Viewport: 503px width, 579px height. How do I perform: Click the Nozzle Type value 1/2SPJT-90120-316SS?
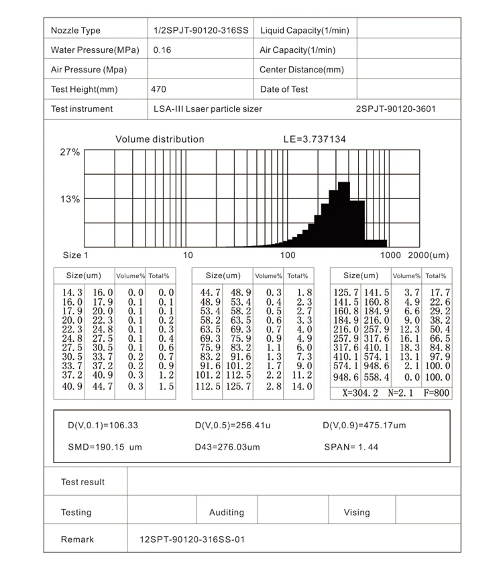(x=201, y=30)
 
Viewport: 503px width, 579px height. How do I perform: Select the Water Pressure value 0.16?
(x=162, y=50)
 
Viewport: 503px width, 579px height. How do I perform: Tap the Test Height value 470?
(x=159, y=89)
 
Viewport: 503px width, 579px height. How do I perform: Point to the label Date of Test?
(x=284, y=89)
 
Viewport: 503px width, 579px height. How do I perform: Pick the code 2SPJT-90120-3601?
(x=399, y=109)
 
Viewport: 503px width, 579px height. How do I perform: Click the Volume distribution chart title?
(x=160, y=139)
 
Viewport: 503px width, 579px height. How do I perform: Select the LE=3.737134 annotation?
(x=315, y=139)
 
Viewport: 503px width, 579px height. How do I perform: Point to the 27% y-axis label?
(x=70, y=152)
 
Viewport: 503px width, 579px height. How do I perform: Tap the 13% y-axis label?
(x=70, y=199)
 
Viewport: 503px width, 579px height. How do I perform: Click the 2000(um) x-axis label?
(x=428, y=255)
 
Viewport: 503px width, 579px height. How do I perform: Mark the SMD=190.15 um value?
(x=105, y=447)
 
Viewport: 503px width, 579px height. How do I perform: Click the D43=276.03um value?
(x=227, y=447)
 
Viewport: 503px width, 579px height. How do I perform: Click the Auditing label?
(x=227, y=513)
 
